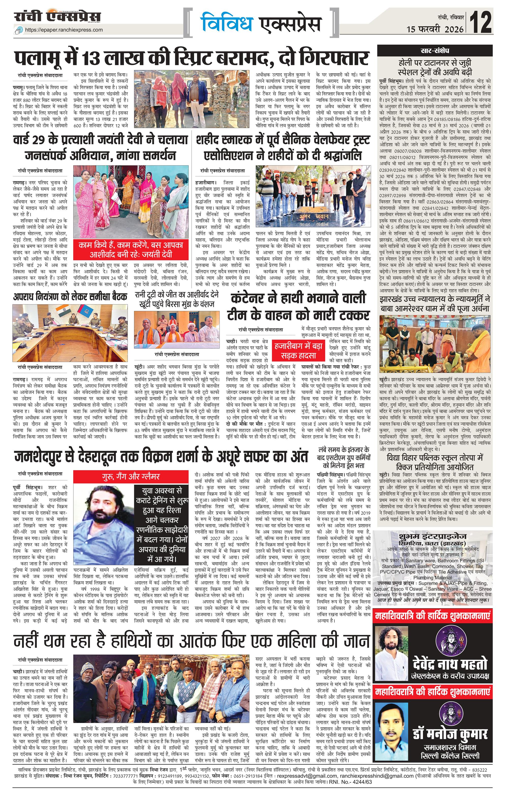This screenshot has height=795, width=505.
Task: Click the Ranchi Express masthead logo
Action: click(x=57, y=17)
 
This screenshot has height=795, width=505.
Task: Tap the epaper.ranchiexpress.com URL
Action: click(x=64, y=30)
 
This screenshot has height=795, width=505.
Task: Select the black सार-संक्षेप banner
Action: click(x=435, y=51)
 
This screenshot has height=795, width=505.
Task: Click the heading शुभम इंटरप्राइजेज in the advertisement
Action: click(x=432, y=536)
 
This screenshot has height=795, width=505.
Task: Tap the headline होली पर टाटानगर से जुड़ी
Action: click(x=435, y=63)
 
